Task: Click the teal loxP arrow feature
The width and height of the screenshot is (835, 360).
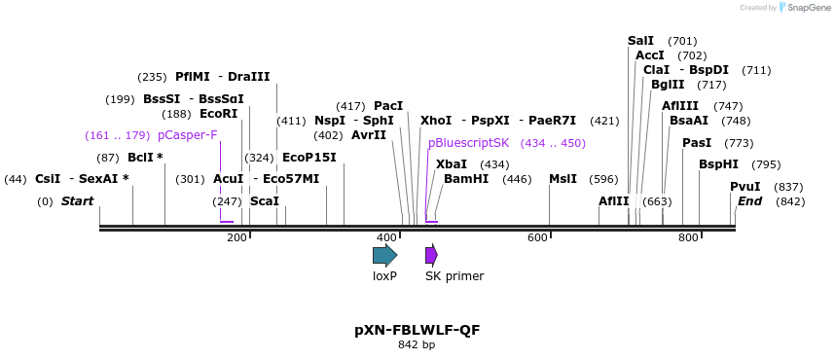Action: (x=384, y=255)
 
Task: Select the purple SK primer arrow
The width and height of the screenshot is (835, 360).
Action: (x=431, y=255)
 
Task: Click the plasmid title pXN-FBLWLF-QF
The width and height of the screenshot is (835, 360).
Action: (x=417, y=330)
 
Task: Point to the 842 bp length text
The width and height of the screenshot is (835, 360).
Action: (x=417, y=345)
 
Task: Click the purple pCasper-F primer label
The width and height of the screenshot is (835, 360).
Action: (x=187, y=135)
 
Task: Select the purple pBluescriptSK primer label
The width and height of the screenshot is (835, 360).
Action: (x=468, y=143)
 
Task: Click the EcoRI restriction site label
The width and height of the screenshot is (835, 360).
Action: (x=218, y=114)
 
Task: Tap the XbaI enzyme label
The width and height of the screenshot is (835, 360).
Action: (x=452, y=164)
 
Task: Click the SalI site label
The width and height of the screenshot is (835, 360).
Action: (x=640, y=41)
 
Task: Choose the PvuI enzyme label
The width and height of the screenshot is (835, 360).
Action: (x=745, y=187)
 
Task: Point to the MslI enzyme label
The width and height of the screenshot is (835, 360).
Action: (x=563, y=179)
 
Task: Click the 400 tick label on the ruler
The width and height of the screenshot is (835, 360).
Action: (x=387, y=238)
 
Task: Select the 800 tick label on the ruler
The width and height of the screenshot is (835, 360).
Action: (x=689, y=238)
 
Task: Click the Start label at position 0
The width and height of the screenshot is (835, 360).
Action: (x=77, y=201)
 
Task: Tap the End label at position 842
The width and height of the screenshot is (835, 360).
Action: (x=749, y=201)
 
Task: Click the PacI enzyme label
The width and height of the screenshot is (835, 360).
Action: (x=388, y=106)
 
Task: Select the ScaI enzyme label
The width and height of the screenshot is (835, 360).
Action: (x=265, y=201)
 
